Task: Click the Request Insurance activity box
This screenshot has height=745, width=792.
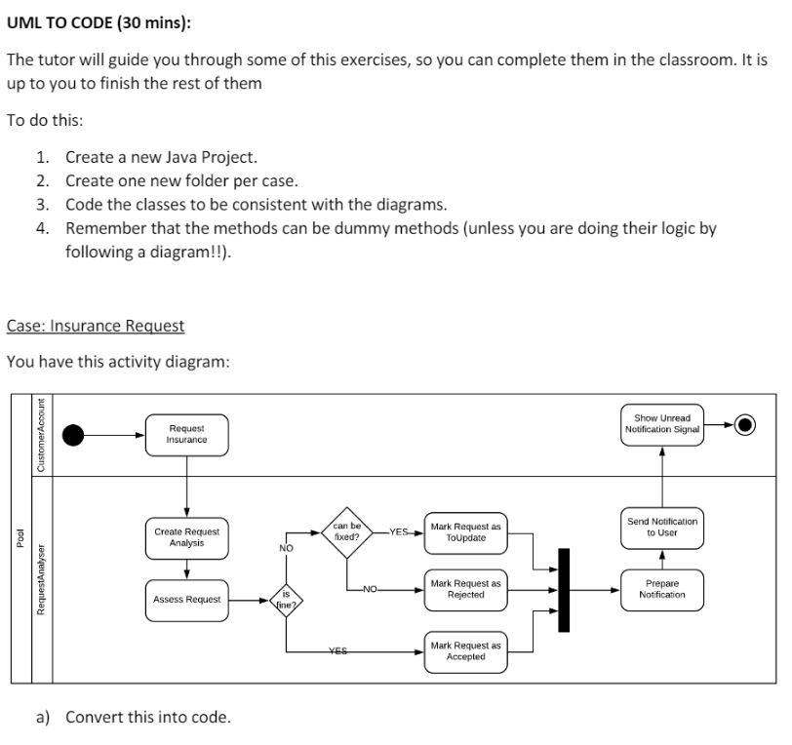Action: tap(186, 434)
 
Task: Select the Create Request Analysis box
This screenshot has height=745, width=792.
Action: tap(186, 537)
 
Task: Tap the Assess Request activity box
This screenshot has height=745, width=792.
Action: tap(186, 599)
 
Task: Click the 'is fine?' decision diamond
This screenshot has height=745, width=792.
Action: tap(286, 598)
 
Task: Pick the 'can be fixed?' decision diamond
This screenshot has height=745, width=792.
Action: tap(347, 531)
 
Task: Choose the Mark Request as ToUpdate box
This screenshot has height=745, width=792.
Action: tap(465, 531)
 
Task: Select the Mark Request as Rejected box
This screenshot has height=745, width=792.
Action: tap(465, 589)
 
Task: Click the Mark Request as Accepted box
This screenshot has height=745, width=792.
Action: tap(465, 650)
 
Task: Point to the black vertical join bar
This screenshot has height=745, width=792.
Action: tap(563, 589)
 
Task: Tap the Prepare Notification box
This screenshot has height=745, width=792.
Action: tap(661, 589)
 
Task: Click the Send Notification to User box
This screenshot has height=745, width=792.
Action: tap(661, 527)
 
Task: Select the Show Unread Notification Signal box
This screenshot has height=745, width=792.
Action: tap(661, 424)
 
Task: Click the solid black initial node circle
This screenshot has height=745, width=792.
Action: tap(74, 434)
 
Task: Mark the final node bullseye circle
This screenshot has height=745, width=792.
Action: tap(745, 424)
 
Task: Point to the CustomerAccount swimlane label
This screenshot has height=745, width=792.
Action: tap(41, 435)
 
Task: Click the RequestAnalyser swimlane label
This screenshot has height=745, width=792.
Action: tap(41, 579)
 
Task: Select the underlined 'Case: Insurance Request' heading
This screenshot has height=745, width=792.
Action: tap(96, 325)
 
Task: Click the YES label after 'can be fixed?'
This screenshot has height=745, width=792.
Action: tap(398, 531)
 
